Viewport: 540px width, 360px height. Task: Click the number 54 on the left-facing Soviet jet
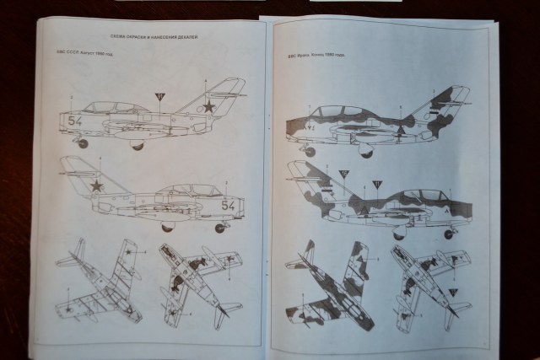click(x=75, y=121)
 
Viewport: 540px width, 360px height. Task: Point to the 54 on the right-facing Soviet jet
click(x=227, y=205)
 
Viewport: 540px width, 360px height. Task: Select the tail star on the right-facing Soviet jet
click(x=97, y=185)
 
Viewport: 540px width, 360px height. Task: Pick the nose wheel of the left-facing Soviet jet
click(x=83, y=143)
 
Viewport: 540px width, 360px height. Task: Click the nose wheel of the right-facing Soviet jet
click(x=220, y=228)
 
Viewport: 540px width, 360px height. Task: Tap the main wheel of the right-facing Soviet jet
click(x=167, y=227)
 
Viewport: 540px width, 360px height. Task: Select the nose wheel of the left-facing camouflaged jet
click(x=310, y=152)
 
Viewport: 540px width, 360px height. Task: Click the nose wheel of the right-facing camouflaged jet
click(x=448, y=234)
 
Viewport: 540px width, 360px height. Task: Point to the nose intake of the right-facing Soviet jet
click(x=243, y=205)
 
